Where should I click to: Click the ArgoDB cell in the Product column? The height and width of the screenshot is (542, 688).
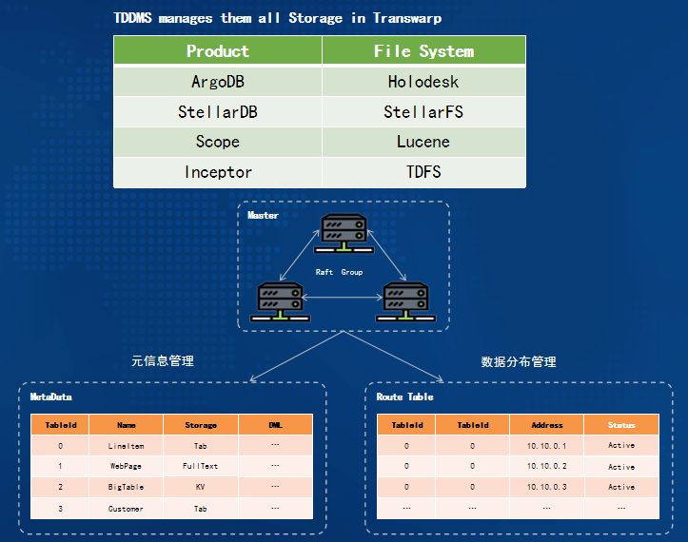point(218,82)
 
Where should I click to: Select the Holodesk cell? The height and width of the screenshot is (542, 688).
point(423,82)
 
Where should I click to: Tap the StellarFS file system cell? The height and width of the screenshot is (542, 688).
point(423,112)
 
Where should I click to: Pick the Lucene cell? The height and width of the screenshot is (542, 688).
point(423,142)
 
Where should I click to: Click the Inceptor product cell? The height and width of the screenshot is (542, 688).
point(218,172)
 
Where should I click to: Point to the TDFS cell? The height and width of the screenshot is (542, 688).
point(423,172)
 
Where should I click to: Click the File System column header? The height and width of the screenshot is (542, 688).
point(423,50)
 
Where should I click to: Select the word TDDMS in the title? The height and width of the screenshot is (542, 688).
point(132,18)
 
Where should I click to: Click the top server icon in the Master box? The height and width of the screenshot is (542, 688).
point(344,233)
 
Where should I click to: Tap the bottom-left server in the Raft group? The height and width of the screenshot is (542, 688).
point(280,301)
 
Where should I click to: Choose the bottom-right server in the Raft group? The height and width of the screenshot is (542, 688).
point(406,301)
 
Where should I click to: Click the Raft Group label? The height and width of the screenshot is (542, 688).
point(339,272)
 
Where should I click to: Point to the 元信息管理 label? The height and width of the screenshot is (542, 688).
point(163,361)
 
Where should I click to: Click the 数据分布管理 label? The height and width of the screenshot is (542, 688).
point(519,361)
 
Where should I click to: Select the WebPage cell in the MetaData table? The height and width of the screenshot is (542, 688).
point(126,466)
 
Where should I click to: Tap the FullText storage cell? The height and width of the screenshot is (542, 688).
point(201,466)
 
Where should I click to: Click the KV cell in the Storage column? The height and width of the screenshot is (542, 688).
point(201,487)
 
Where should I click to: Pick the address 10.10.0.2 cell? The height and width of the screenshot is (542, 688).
point(547,466)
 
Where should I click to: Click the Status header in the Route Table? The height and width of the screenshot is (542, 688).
point(621,425)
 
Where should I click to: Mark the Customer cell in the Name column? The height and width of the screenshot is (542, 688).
point(126,509)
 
